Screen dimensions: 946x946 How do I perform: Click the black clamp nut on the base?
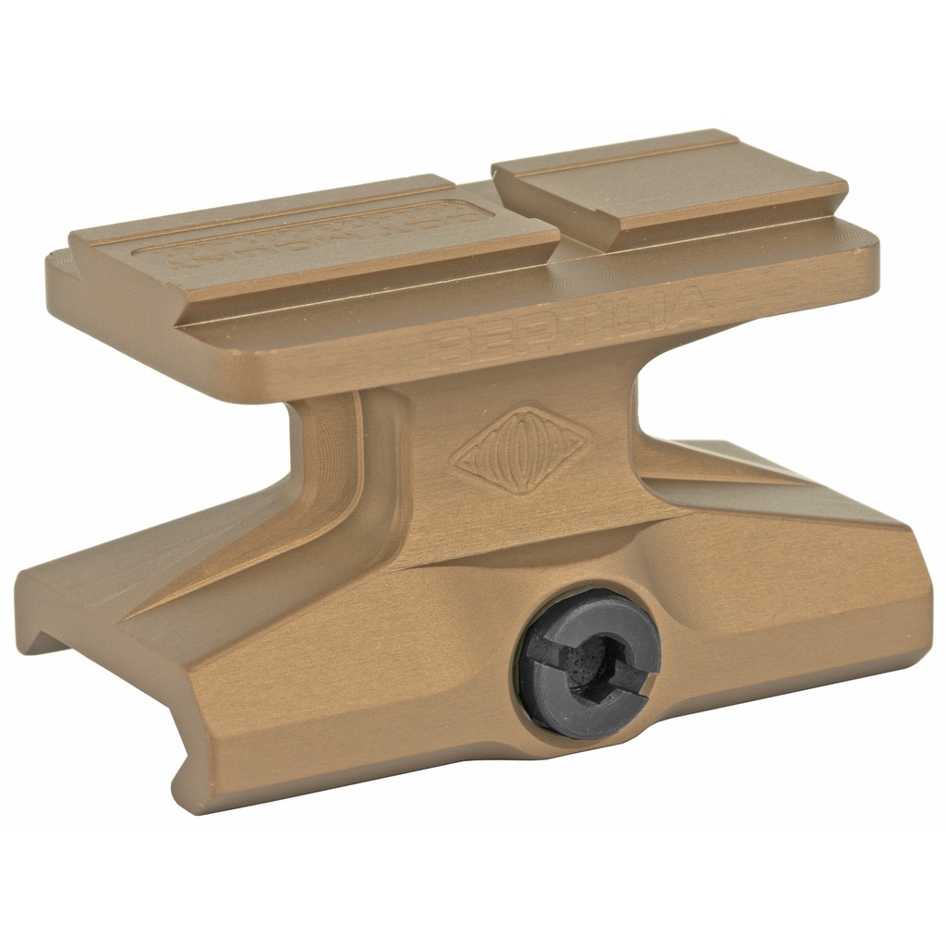tap(588, 663)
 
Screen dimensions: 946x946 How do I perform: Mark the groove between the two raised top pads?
tap(527, 222)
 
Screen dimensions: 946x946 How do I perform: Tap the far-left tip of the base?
tap(20, 582)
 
